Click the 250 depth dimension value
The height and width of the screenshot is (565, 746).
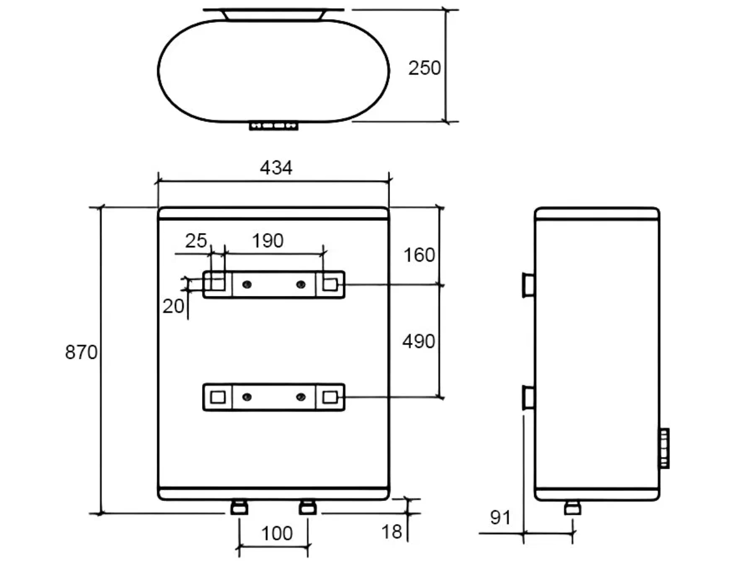click(x=424, y=68)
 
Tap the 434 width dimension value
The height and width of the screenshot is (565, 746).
click(x=275, y=168)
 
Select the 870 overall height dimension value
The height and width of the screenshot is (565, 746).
click(x=81, y=353)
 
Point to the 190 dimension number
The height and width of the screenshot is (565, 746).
click(x=268, y=241)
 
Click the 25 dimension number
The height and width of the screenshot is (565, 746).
click(x=197, y=241)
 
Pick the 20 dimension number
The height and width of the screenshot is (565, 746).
click(x=174, y=306)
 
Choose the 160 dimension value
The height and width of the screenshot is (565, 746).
click(x=419, y=255)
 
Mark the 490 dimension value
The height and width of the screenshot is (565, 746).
click(x=419, y=341)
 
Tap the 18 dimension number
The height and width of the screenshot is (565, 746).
click(x=392, y=532)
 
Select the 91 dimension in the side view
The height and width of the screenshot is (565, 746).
click(x=500, y=518)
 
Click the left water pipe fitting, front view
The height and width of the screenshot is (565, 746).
click(x=239, y=508)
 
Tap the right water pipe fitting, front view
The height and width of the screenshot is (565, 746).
click(x=307, y=508)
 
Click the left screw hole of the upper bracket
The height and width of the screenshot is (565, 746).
click(x=246, y=284)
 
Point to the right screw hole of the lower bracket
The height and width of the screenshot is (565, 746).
click(x=301, y=397)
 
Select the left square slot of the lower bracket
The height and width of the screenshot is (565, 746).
click(x=217, y=397)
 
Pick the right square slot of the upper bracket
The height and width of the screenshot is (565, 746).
click(x=330, y=284)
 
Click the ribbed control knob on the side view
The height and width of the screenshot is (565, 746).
click(x=664, y=448)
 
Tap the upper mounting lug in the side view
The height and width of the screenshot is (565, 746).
click(x=529, y=285)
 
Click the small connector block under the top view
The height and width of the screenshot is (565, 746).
click(x=274, y=126)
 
